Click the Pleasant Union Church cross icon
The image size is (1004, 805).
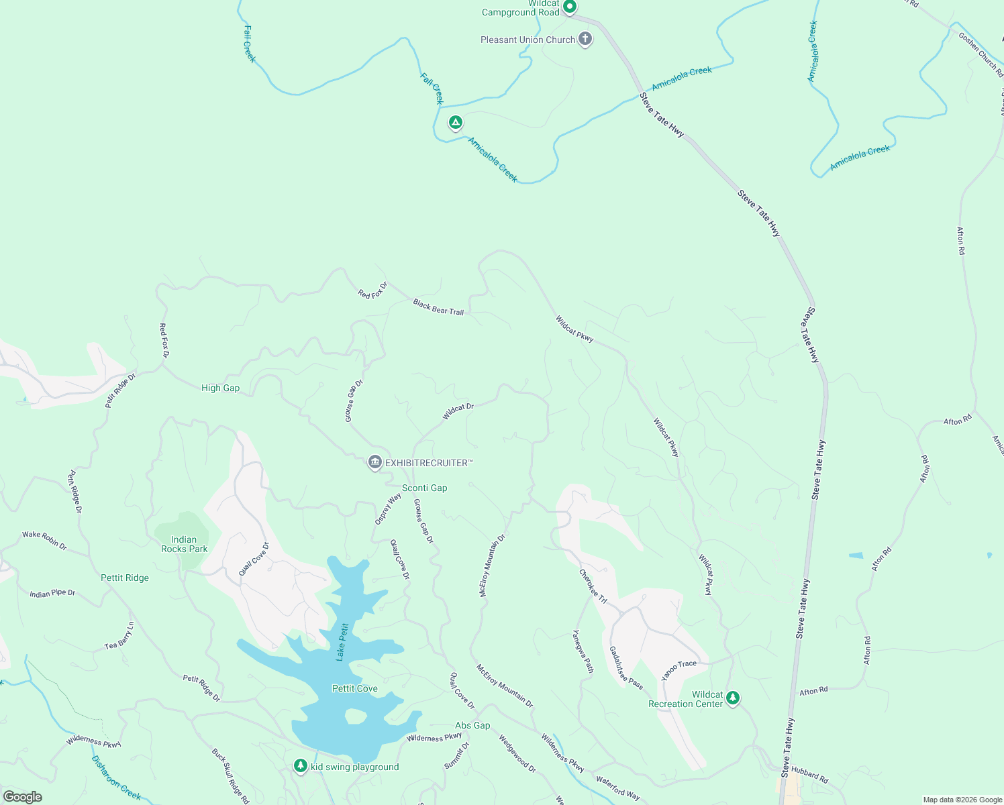(585, 39)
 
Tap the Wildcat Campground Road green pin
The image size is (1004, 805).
(569, 7)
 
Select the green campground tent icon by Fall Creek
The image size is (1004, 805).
(455, 123)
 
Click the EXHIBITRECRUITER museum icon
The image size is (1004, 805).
(375, 462)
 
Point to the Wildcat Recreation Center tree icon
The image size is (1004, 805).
(733, 698)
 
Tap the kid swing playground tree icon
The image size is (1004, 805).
(301, 766)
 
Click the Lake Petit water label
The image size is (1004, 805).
(342, 642)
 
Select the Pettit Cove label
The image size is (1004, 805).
(354, 688)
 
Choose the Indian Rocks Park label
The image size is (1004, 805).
(184, 544)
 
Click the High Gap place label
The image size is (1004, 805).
(220, 388)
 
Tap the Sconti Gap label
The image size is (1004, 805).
(424, 488)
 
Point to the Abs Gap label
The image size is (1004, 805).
(472, 725)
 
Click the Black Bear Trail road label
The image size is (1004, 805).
(438, 307)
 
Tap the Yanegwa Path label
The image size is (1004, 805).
(583, 651)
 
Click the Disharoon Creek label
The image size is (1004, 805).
(116, 778)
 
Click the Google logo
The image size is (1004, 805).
(22, 796)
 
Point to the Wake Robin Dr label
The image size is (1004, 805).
(44, 540)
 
